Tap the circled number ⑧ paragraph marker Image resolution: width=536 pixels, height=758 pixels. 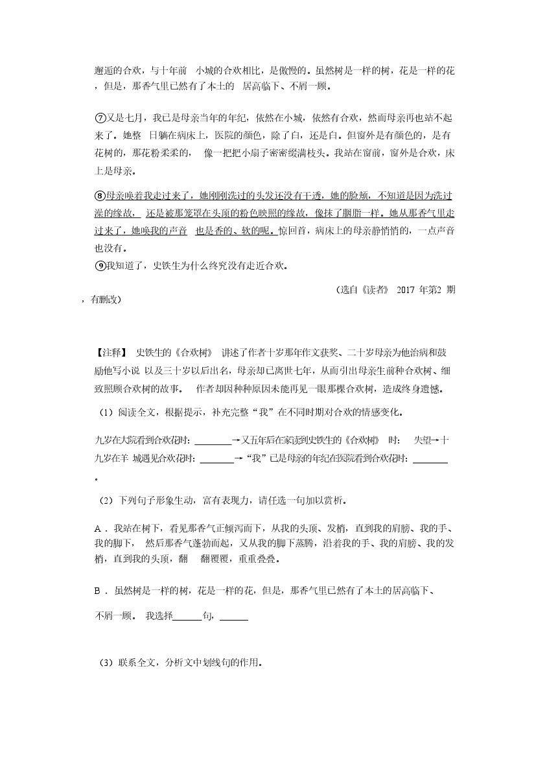point(100,195)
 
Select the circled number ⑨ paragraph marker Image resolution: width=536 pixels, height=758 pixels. point(100,265)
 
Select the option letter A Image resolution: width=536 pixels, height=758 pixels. point(98,528)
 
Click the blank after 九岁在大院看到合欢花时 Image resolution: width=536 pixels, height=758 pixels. point(213,441)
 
